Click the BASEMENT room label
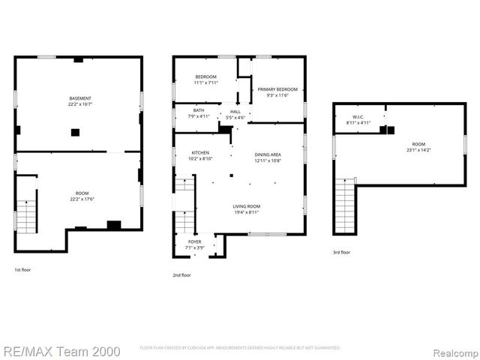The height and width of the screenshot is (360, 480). [x=80, y=98]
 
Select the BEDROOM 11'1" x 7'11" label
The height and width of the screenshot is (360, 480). [x=205, y=76]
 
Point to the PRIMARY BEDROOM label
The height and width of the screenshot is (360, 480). [x=277, y=89]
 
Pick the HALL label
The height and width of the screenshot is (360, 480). [x=235, y=111]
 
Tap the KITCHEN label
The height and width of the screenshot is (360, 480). [x=199, y=153]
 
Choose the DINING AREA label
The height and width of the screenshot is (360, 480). [x=268, y=154]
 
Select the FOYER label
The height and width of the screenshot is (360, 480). [x=193, y=241]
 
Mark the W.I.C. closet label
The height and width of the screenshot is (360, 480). [x=358, y=117]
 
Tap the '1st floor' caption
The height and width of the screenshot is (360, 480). [x=23, y=269]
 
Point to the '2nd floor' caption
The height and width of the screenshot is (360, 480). [x=181, y=275]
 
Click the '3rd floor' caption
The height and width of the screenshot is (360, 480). [x=341, y=253]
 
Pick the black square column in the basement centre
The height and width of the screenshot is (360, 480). [x=75, y=133]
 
